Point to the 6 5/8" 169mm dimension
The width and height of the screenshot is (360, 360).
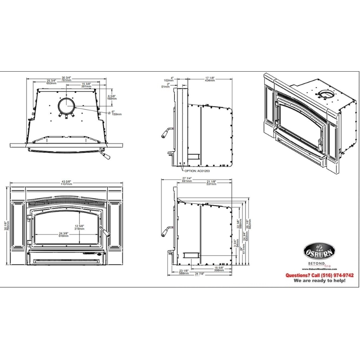coord(111,97)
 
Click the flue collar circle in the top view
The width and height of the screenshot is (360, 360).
coord(67,105)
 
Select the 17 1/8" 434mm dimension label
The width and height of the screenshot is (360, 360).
coord(210,79)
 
